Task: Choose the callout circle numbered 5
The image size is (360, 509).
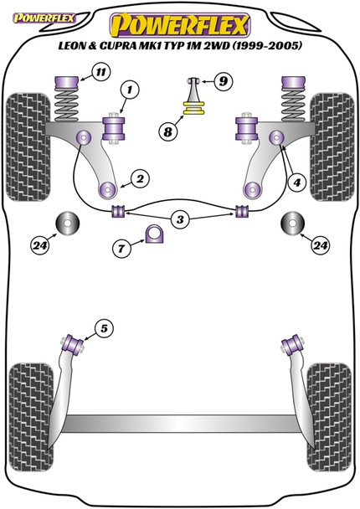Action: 103,327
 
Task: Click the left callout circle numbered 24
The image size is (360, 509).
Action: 40,245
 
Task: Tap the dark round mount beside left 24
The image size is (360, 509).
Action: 67,226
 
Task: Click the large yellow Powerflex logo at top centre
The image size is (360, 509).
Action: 179,19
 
